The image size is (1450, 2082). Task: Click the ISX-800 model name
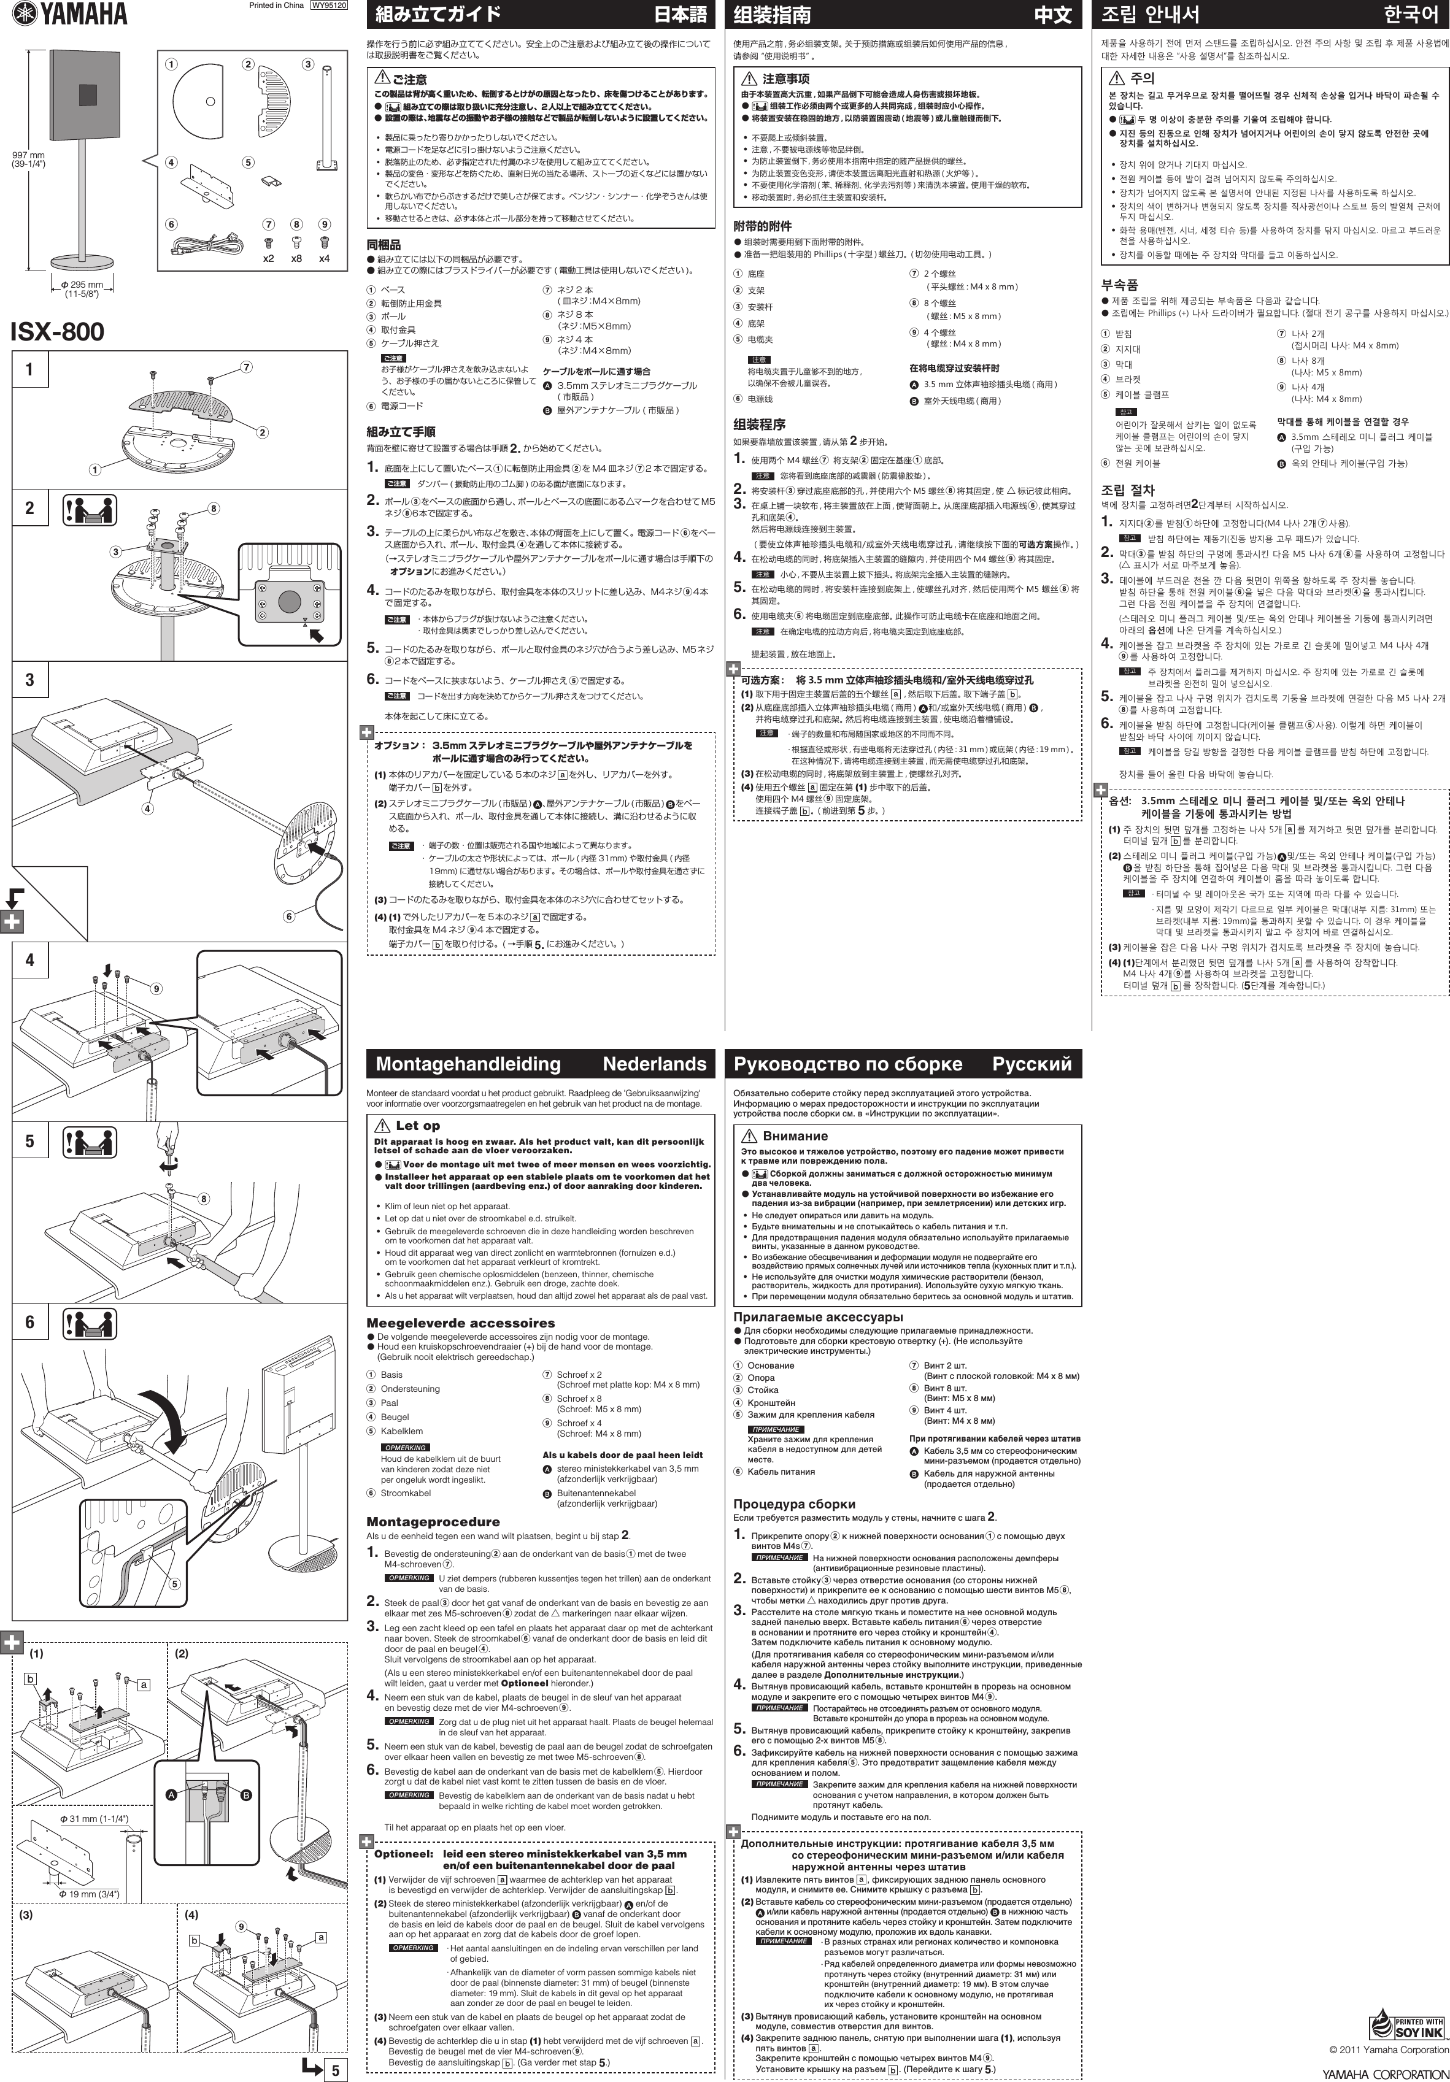point(57,331)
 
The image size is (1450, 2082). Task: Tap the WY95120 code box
point(329,6)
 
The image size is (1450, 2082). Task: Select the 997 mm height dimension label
point(28,159)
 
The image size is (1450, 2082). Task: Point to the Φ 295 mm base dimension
point(82,288)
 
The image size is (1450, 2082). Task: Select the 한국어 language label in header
point(1411,15)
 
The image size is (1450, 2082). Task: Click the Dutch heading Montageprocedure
point(433,1521)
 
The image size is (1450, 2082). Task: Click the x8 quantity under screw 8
point(296,258)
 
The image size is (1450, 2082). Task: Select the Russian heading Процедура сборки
point(795,1504)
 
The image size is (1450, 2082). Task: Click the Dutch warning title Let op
point(417,1125)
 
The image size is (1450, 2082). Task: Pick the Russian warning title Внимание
point(795,1135)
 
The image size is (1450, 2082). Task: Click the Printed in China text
point(276,6)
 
